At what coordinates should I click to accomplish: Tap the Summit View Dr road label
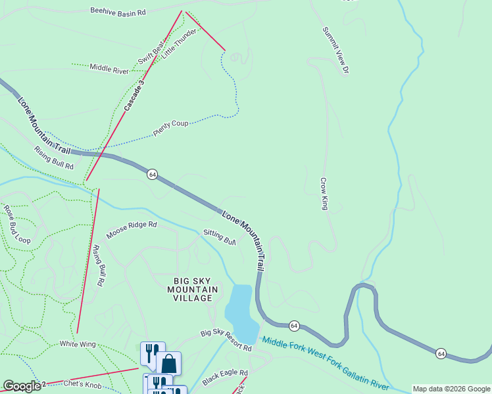pyautogui.click(x=335, y=50)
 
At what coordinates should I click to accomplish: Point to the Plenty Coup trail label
pyautogui.click(x=171, y=127)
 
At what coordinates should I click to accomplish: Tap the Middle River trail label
pyautogui.click(x=109, y=68)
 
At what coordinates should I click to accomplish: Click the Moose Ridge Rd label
pyautogui.click(x=132, y=229)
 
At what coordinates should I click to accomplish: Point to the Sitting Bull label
pyautogui.click(x=220, y=236)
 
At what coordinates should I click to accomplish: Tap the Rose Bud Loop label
pyautogui.click(x=17, y=225)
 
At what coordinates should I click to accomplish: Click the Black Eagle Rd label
pyautogui.click(x=225, y=376)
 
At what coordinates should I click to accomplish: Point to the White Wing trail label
pyautogui.click(x=78, y=343)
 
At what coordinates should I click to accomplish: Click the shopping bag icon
pyautogui.click(x=168, y=364)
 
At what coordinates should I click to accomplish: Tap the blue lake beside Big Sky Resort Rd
pyautogui.click(x=240, y=312)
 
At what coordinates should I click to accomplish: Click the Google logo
pyautogui.click(x=22, y=386)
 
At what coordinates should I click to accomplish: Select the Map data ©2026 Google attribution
pyautogui.click(x=451, y=389)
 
